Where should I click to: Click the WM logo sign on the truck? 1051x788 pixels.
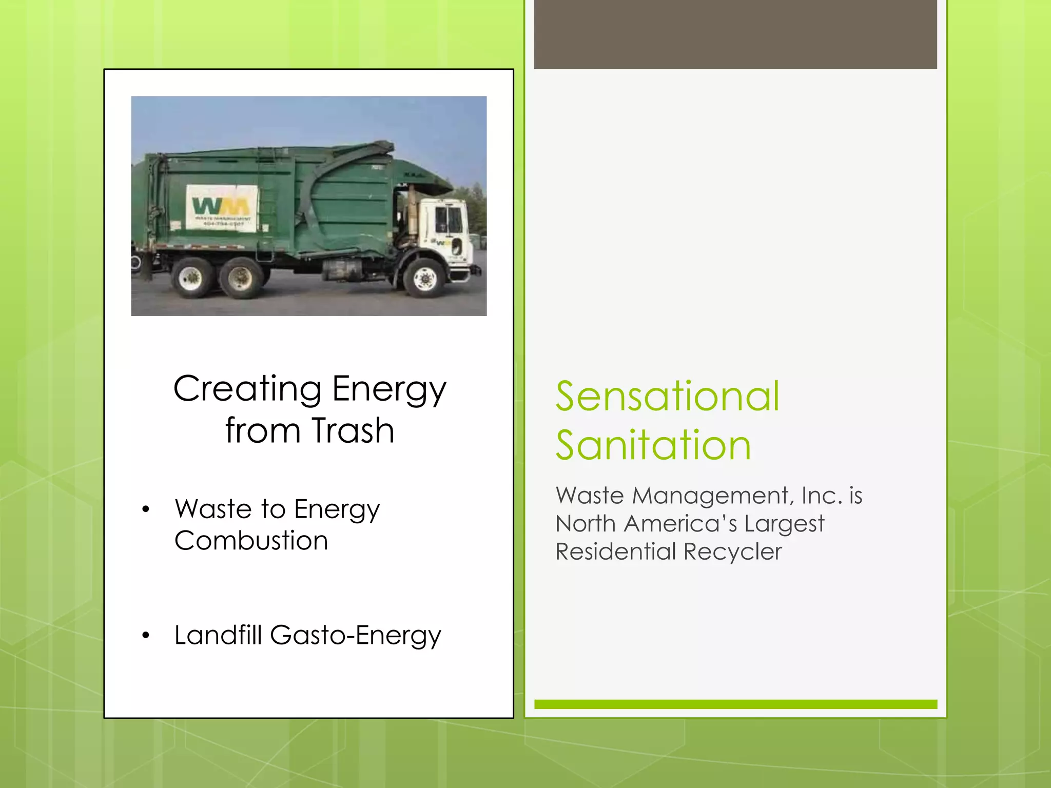coord(221,208)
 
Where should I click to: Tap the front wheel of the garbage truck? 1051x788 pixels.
coord(425,279)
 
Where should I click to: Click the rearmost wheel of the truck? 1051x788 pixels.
coord(191,278)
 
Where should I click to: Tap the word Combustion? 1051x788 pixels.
coord(251,541)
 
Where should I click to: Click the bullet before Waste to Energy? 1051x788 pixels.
coord(146,509)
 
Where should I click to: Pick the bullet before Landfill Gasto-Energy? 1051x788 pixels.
coord(146,636)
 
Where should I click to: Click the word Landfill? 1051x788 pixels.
coord(218,635)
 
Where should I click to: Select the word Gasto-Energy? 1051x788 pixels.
coord(355,636)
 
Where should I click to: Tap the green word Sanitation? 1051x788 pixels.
coord(653,445)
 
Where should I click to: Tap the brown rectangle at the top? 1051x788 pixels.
coord(735,34)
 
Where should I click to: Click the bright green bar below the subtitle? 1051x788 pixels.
coord(735,704)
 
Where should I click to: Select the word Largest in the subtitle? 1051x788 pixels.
coord(784,524)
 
